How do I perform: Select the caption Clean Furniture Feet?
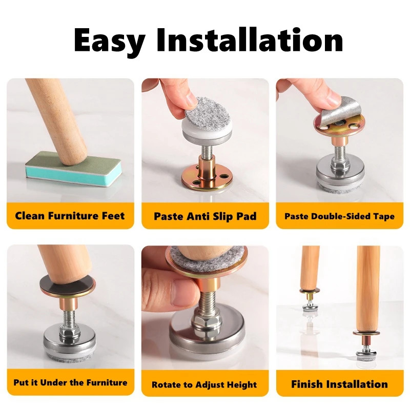pyautogui.click(x=70, y=216)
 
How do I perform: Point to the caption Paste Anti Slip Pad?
pyautogui.click(x=205, y=216)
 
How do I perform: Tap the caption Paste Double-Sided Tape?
pyautogui.click(x=339, y=216)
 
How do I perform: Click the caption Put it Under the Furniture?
pyautogui.click(x=70, y=382)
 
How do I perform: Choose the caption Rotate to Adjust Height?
pyautogui.click(x=204, y=384)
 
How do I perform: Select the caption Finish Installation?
pyautogui.click(x=339, y=384)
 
